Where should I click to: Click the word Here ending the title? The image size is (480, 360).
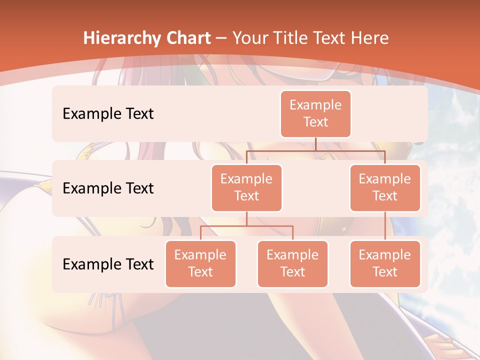pos(370,38)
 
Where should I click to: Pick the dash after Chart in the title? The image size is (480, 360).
pos(220,38)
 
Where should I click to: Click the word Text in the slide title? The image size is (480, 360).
pos(331,38)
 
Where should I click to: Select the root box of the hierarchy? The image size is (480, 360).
pos(315,113)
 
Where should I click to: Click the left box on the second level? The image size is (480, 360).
pos(246,187)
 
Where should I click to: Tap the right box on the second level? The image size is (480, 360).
pos(385,187)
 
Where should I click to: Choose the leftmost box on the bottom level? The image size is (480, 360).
pos(200,263)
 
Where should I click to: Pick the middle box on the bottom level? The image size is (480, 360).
pos(292,263)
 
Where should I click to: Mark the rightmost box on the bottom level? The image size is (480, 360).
pos(385,263)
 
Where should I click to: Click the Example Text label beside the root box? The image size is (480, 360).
pos(108,113)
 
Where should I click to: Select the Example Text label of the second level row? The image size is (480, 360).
pos(108,188)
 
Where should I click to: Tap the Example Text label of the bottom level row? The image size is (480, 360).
pos(108,264)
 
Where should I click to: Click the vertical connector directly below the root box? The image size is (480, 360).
pos(315,144)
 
